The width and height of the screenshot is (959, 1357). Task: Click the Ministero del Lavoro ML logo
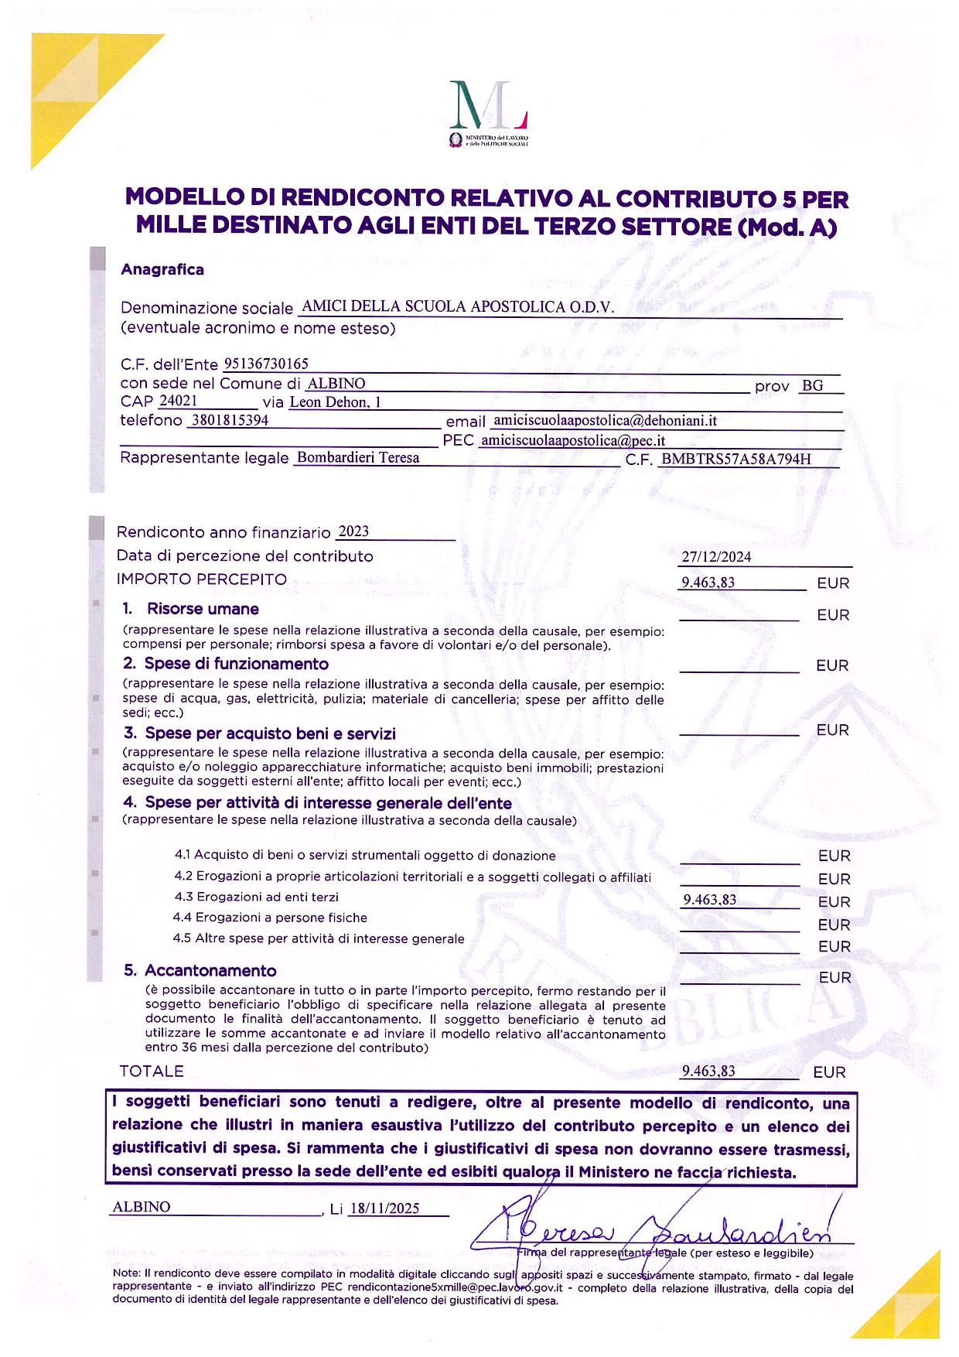pos(489,113)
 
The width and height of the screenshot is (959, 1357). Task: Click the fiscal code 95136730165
pos(266,364)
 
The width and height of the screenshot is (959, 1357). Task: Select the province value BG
pos(813,385)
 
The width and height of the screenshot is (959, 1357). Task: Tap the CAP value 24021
pos(178,401)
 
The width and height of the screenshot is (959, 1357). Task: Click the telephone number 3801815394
pos(230,420)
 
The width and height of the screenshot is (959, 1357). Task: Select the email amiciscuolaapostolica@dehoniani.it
pos(605,421)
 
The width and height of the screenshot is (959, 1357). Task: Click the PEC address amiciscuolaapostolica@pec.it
pos(572,441)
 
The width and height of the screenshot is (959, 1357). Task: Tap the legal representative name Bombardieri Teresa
pos(358,457)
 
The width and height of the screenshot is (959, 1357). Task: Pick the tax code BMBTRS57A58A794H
pos(736,459)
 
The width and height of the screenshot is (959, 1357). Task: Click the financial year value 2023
pos(353,532)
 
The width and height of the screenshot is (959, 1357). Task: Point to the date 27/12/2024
pos(716,557)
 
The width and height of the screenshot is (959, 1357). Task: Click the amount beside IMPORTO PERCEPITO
pos(708,583)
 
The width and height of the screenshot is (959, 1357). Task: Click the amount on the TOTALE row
pos(708,1072)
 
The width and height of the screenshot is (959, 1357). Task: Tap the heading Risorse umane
pos(203,609)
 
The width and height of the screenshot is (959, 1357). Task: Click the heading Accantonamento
pos(210,970)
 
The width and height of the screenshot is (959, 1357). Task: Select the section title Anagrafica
pos(162,269)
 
